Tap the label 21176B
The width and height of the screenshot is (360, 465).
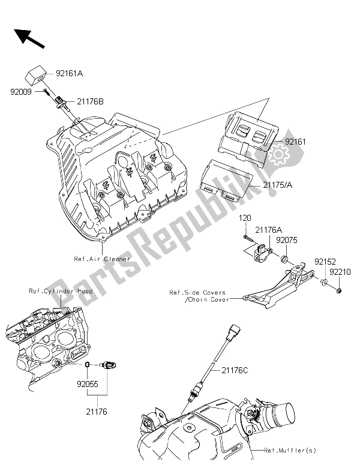[x=89, y=102]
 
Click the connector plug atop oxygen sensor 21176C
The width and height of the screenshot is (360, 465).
[x=234, y=331]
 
